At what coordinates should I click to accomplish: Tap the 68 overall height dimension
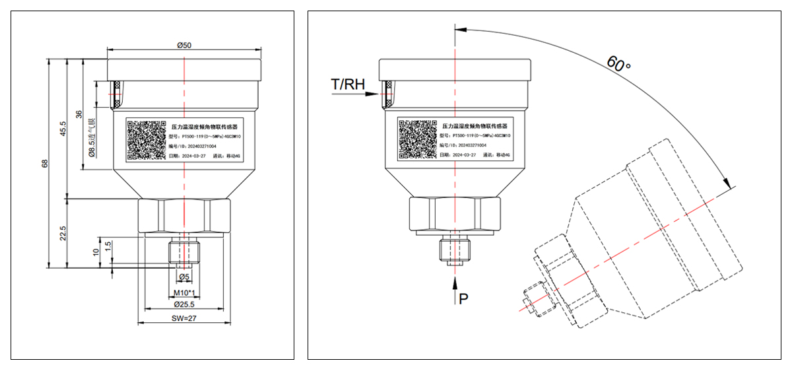(45, 163)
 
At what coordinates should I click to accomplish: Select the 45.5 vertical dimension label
(63, 127)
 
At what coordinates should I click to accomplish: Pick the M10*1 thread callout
(183, 292)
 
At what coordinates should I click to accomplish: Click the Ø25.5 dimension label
(183, 304)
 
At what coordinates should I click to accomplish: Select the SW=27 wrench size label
(184, 318)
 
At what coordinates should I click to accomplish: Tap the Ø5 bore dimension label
(184, 277)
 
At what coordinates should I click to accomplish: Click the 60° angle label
(619, 64)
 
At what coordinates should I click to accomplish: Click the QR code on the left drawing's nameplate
(147, 139)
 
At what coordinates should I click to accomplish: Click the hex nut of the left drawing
(184, 215)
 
